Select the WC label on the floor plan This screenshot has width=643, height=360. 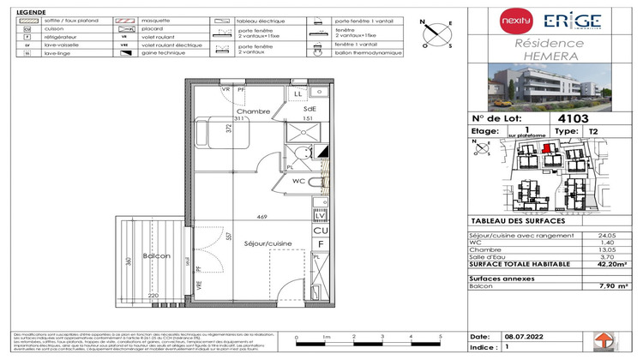pyautogui.click(x=300, y=181)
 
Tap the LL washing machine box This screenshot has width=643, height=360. pyautogui.click(x=297, y=92)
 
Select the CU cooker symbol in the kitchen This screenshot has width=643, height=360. pyautogui.click(x=320, y=231)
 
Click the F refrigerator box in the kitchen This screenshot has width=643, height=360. pyautogui.click(x=320, y=243)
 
